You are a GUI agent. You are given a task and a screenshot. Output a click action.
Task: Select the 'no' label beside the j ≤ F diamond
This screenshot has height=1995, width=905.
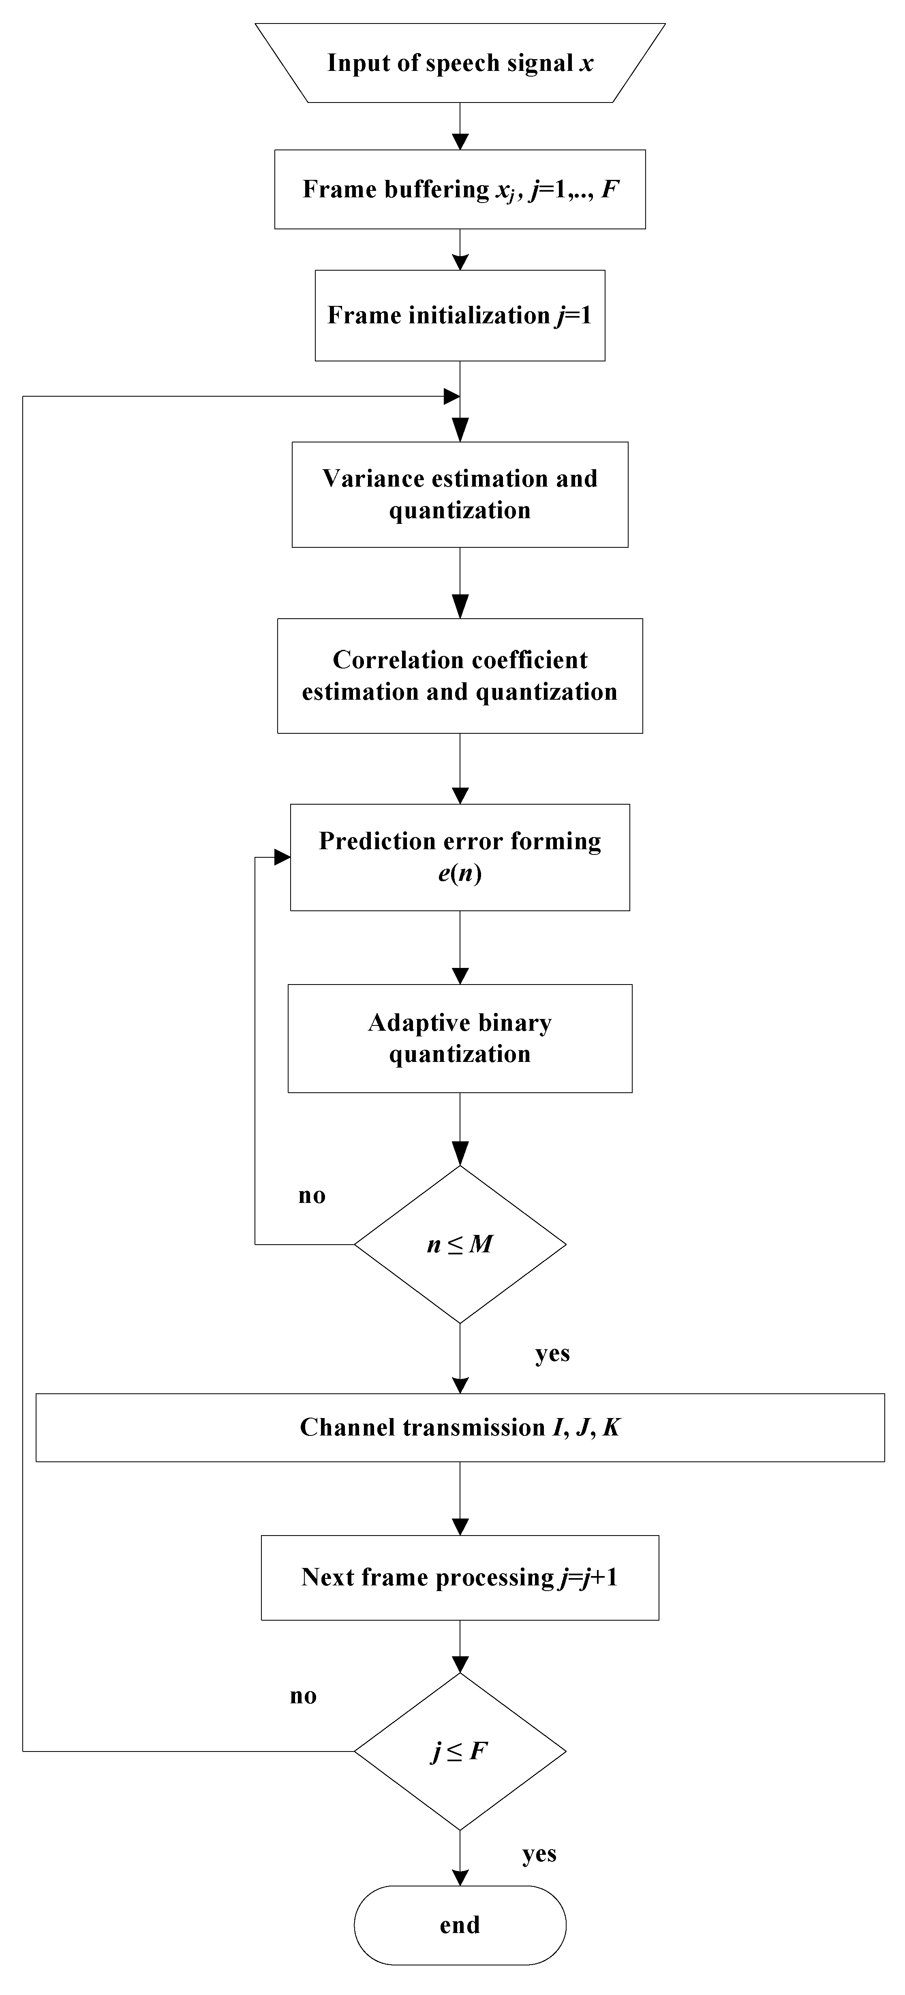point(303,1696)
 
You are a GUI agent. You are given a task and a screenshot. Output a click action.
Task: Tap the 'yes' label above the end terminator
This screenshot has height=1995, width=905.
point(539,1854)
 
